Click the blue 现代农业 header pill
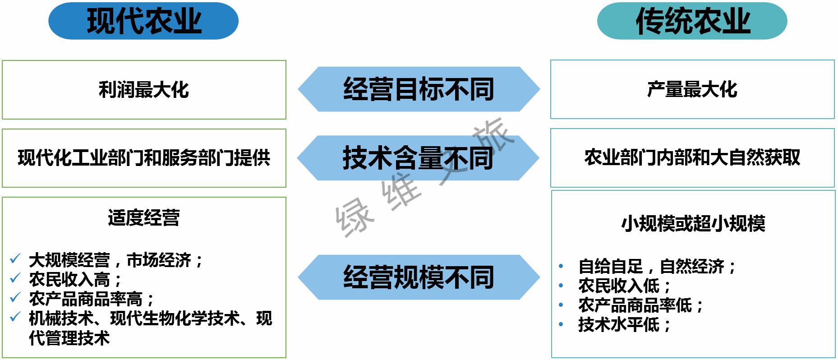coord(143,21)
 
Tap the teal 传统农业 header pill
coord(692,21)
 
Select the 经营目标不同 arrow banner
coord(419,89)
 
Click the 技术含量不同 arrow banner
coord(418,158)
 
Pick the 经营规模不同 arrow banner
coord(419,277)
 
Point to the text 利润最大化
coord(144,89)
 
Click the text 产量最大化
coord(692,89)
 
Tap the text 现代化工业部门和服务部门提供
coord(144,158)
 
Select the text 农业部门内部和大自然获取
coord(692,157)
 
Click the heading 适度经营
coord(144,218)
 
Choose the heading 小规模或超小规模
coord(693,223)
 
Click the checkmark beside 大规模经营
coord(15,259)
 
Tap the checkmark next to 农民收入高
coord(15,278)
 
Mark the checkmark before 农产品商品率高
coord(15,297)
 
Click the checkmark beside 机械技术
coord(15,317)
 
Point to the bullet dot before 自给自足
coord(561,266)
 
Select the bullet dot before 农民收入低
coord(561,286)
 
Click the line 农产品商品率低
coord(640,305)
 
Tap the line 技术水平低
coord(624,325)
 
